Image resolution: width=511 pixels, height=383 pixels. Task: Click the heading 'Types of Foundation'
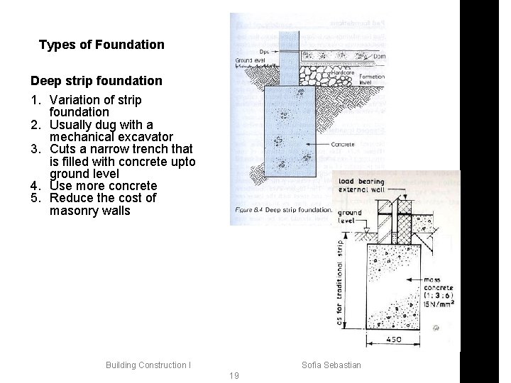click(x=101, y=45)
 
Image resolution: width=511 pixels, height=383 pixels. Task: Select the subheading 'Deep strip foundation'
click(x=96, y=81)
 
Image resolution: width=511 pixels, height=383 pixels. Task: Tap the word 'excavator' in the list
click(x=146, y=136)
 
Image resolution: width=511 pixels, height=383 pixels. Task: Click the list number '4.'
click(x=36, y=186)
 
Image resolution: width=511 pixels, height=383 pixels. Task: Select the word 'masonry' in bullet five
click(x=72, y=211)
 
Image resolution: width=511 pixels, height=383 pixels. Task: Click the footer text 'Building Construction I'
click(x=148, y=365)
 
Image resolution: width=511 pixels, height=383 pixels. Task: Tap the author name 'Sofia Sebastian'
click(x=331, y=365)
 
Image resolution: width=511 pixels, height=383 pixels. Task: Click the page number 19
click(x=234, y=375)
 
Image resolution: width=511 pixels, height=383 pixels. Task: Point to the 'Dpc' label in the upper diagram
click(x=264, y=52)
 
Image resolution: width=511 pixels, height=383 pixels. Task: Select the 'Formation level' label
click(x=372, y=79)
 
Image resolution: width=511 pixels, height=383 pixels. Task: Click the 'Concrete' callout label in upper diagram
click(x=342, y=145)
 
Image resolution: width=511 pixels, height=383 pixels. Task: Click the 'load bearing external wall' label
click(x=361, y=187)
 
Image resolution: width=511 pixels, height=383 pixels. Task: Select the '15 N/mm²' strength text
click(x=439, y=303)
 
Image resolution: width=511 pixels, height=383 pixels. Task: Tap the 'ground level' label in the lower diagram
click(x=350, y=216)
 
